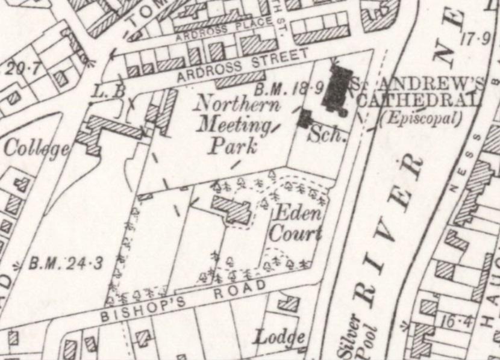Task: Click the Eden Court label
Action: tap(296, 223)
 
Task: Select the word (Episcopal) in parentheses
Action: tap(421, 119)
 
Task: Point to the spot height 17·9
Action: tap(475, 40)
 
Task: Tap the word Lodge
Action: tap(279, 337)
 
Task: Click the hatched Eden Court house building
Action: tap(231, 209)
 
